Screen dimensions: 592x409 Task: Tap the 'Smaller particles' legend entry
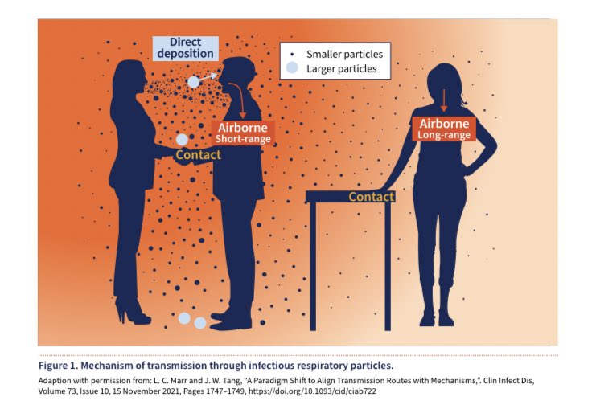(x=344, y=54)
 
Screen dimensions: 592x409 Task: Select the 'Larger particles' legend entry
(x=343, y=69)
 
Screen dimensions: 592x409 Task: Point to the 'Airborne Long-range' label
(x=444, y=129)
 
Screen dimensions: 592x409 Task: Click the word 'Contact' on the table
(x=371, y=197)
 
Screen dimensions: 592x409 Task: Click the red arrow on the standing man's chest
(x=240, y=96)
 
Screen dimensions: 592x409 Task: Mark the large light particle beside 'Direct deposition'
(x=194, y=82)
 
